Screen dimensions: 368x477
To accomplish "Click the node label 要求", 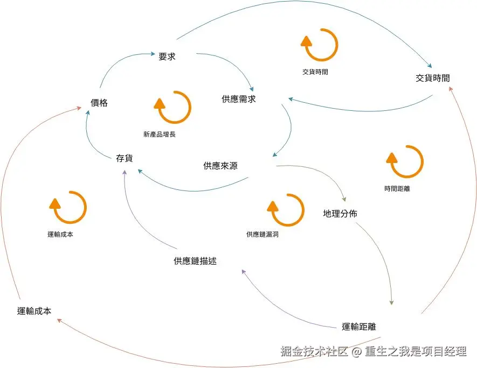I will (x=167, y=56).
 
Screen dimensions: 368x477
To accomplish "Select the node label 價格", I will (x=99, y=103).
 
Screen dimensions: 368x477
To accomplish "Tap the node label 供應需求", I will (x=239, y=99).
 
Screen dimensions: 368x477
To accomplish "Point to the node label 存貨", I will (x=124, y=158).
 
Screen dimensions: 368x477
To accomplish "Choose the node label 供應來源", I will (x=220, y=166).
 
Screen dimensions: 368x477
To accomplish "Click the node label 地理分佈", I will (x=340, y=214).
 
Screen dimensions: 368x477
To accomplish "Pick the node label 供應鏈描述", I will (x=195, y=261).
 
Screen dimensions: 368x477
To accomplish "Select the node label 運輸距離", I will (x=359, y=326).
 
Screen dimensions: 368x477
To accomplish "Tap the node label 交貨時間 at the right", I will (x=432, y=78).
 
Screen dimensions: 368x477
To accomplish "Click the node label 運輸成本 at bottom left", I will (x=34, y=310).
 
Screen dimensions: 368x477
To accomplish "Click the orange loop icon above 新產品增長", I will (x=172, y=107).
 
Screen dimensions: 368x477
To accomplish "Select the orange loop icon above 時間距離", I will (x=405, y=161).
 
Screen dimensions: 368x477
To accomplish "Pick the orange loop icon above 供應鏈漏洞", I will (x=286, y=210).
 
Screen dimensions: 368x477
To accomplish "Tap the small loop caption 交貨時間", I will (x=315, y=72).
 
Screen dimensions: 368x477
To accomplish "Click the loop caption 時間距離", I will (x=397, y=189).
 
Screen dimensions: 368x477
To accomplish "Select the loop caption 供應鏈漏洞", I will (x=262, y=234).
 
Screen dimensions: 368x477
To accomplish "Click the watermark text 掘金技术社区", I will (x=314, y=352).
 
